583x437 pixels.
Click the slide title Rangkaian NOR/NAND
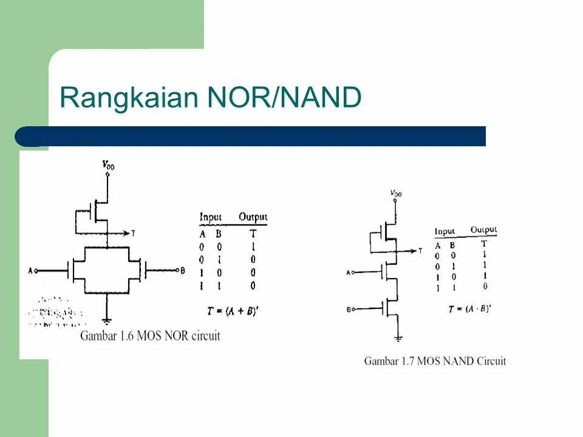point(210,98)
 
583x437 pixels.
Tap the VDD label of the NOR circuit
point(108,164)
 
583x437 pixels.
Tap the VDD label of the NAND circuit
point(396,194)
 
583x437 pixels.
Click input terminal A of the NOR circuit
point(36,270)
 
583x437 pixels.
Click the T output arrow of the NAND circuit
point(417,250)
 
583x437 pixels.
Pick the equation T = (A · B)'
point(469,308)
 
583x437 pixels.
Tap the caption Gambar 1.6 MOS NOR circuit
point(150,336)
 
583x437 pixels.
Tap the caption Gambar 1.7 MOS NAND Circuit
point(435,361)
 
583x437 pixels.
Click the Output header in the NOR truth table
point(253,217)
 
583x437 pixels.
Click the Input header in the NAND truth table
point(445,231)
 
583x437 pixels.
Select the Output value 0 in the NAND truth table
point(485,286)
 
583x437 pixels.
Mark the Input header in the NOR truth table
point(211,217)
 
